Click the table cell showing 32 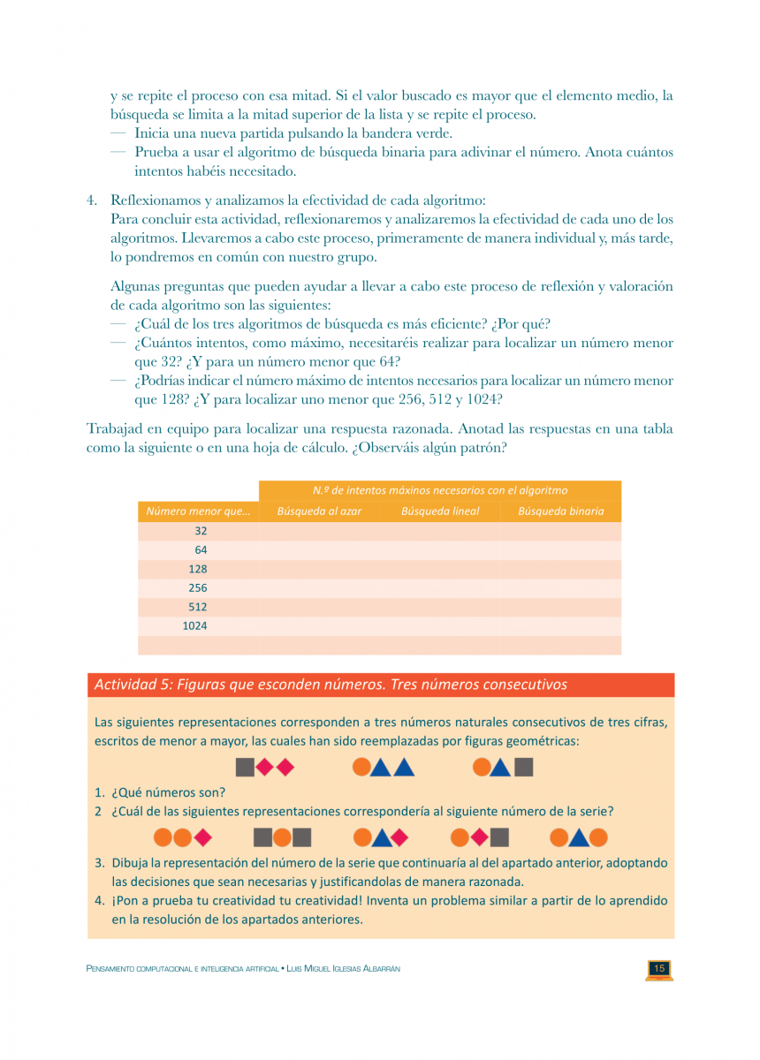point(201,531)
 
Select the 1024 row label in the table point(194,625)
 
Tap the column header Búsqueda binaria point(560,511)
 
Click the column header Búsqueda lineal point(440,511)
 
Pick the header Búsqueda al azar point(319,511)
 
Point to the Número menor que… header point(198,511)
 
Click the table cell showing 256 point(198,587)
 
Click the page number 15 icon point(659,969)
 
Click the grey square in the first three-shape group point(245,767)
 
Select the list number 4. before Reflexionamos point(92,201)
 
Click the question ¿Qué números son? point(168,792)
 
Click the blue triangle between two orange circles point(579,837)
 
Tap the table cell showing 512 point(198,607)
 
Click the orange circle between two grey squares point(282,837)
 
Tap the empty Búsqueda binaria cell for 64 point(560,550)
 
